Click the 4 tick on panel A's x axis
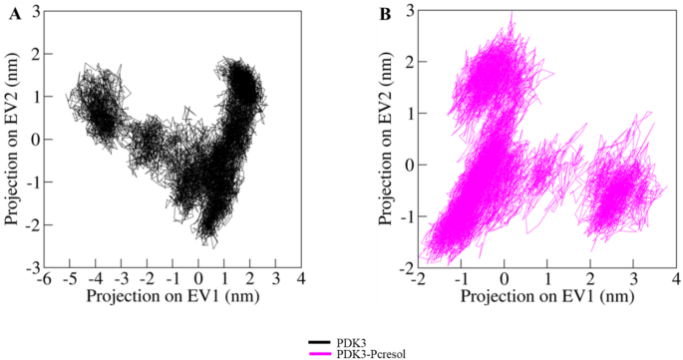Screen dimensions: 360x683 coord(300,279)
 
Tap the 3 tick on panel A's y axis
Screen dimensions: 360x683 coord(35,11)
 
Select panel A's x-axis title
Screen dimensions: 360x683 coord(172,296)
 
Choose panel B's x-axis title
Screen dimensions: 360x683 coord(547,296)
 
